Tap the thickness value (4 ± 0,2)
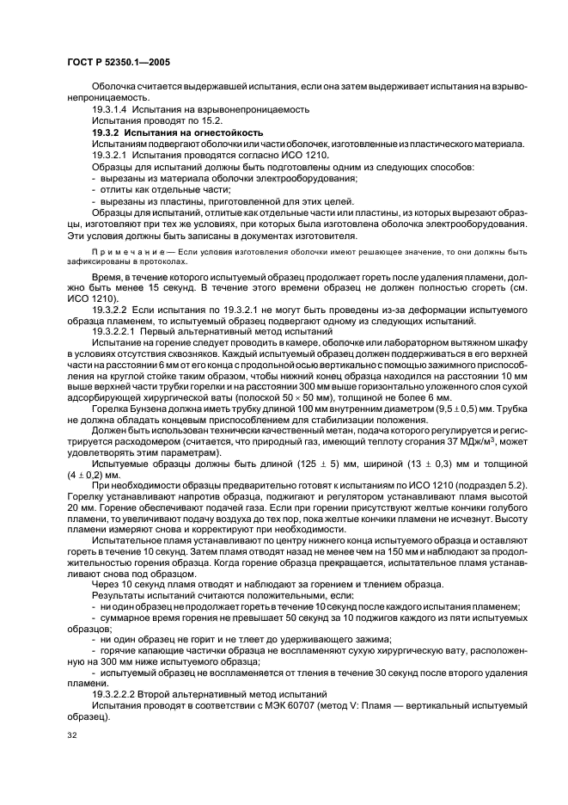(x=92, y=476)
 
